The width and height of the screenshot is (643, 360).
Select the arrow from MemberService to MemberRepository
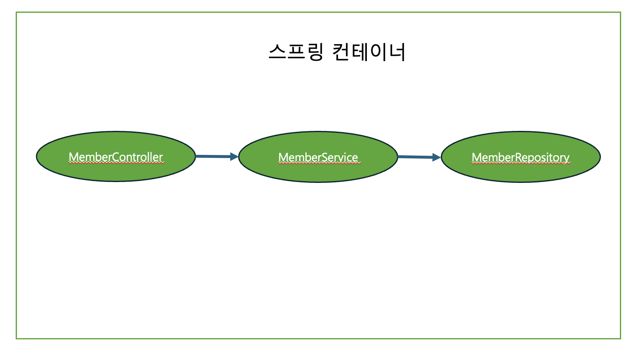click(415, 156)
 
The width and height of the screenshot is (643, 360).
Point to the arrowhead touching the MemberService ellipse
click(234, 156)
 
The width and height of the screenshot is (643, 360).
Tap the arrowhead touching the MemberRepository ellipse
click(436, 157)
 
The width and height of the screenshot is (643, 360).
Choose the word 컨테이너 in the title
click(369, 52)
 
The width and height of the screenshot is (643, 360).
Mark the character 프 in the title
click(296, 52)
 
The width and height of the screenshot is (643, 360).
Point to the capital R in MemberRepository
click(519, 157)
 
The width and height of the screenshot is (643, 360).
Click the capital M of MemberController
click(74, 157)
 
